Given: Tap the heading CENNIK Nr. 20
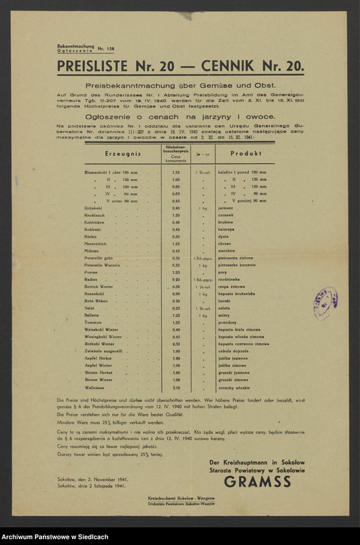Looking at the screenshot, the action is [x=252, y=66].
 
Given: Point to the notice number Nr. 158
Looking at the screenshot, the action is [x=106, y=49].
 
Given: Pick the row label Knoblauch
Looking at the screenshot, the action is [x=95, y=215].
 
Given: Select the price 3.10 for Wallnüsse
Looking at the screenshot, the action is [x=176, y=387].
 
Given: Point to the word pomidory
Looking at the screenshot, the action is [x=229, y=322].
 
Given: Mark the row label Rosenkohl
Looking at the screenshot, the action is [x=95, y=294].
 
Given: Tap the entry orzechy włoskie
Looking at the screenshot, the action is [x=234, y=387].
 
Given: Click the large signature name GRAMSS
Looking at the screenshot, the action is [x=258, y=481].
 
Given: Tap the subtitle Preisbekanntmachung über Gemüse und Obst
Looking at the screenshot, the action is [x=180, y=85].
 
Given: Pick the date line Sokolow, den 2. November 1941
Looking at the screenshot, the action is [x=92, y=479].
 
